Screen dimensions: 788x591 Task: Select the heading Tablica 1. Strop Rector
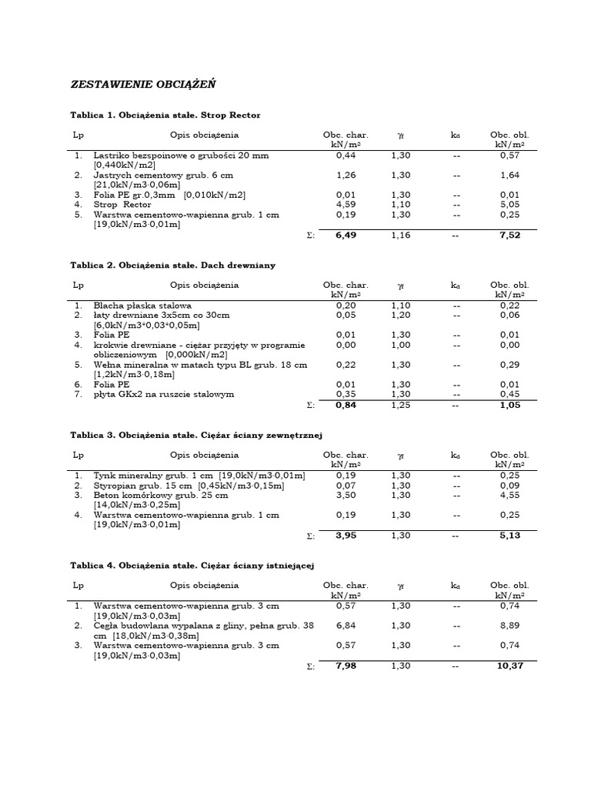[165, 115]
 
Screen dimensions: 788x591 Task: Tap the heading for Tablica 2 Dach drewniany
[173, 265]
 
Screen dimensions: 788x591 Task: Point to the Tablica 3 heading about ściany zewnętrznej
[195, 435]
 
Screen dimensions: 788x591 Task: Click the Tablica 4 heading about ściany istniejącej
[193, 566]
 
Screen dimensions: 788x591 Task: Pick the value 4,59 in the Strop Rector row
[346, 205]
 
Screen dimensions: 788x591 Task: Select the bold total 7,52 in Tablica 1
[509, 235]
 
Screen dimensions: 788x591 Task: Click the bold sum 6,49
[346, 235]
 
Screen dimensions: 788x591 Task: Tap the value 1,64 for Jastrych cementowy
[509, 175]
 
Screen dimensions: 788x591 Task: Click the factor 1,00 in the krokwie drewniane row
[400, 346]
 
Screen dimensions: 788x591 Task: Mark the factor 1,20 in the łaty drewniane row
[400, 316]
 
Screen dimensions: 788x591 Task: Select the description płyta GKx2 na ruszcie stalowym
[163, 395]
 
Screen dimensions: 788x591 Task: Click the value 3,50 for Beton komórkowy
[346, 496]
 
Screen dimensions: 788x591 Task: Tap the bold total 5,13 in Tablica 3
[509, 536]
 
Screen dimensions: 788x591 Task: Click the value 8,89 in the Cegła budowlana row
[509, 626]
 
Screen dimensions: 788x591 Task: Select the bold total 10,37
[509, 666]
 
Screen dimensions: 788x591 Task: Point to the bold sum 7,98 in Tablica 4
[346, 666]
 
